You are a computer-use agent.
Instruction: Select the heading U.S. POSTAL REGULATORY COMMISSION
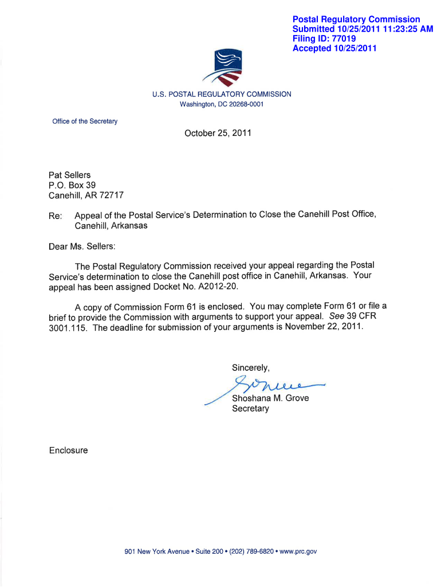pos(222,94)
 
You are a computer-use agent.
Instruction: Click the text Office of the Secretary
pos(85,122)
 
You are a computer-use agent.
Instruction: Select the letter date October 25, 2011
pos(218,134)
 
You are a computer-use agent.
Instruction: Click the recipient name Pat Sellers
pos(70,175)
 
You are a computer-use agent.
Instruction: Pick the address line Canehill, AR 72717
pos(86,195)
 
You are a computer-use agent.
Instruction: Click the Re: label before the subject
pos(56,216)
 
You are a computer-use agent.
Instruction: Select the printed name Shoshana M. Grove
pos(270,398)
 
